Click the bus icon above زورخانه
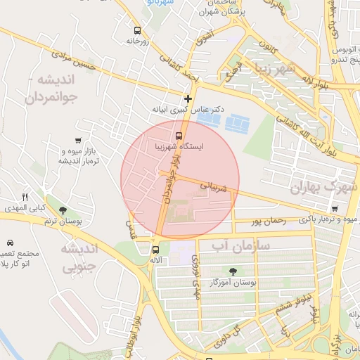(136, 30)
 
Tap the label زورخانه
(139, 41)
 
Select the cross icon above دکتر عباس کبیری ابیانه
(187, 99)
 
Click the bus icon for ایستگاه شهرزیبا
(179, 135)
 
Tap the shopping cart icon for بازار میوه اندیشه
(77, 140)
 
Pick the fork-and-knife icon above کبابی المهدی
(25, 197)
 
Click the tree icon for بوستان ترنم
(63, 210)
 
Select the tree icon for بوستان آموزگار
(233, 271)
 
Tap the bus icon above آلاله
(155, 249)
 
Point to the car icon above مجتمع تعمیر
(10, 242)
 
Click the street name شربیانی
(213, 186)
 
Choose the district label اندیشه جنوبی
(78, 257)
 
